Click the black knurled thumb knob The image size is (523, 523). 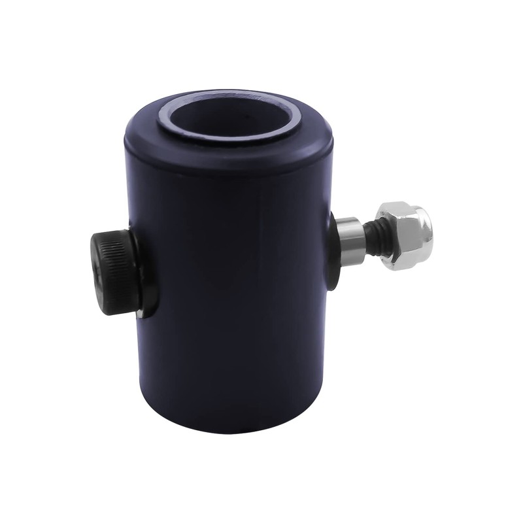(115, 272)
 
